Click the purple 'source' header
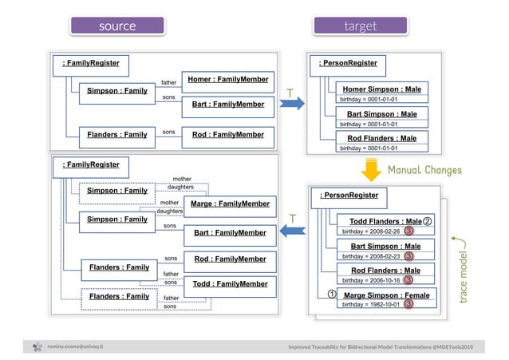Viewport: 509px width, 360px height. pos(117,26)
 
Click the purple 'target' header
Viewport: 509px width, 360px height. pos(360,26)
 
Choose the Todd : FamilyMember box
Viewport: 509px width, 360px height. pos(229,283)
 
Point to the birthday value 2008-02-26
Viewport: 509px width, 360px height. pos(370,231)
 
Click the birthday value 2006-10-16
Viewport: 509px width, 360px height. pos(370,281)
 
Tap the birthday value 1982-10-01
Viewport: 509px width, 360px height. pos(370,305)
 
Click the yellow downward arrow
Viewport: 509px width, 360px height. pos(371,170)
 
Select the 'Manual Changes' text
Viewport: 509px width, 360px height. pos(424,170)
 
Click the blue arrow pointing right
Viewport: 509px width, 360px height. pos(291,101)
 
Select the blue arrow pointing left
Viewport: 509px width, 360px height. pos(291,231)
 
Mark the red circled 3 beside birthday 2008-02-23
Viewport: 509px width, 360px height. pos(408,256)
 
